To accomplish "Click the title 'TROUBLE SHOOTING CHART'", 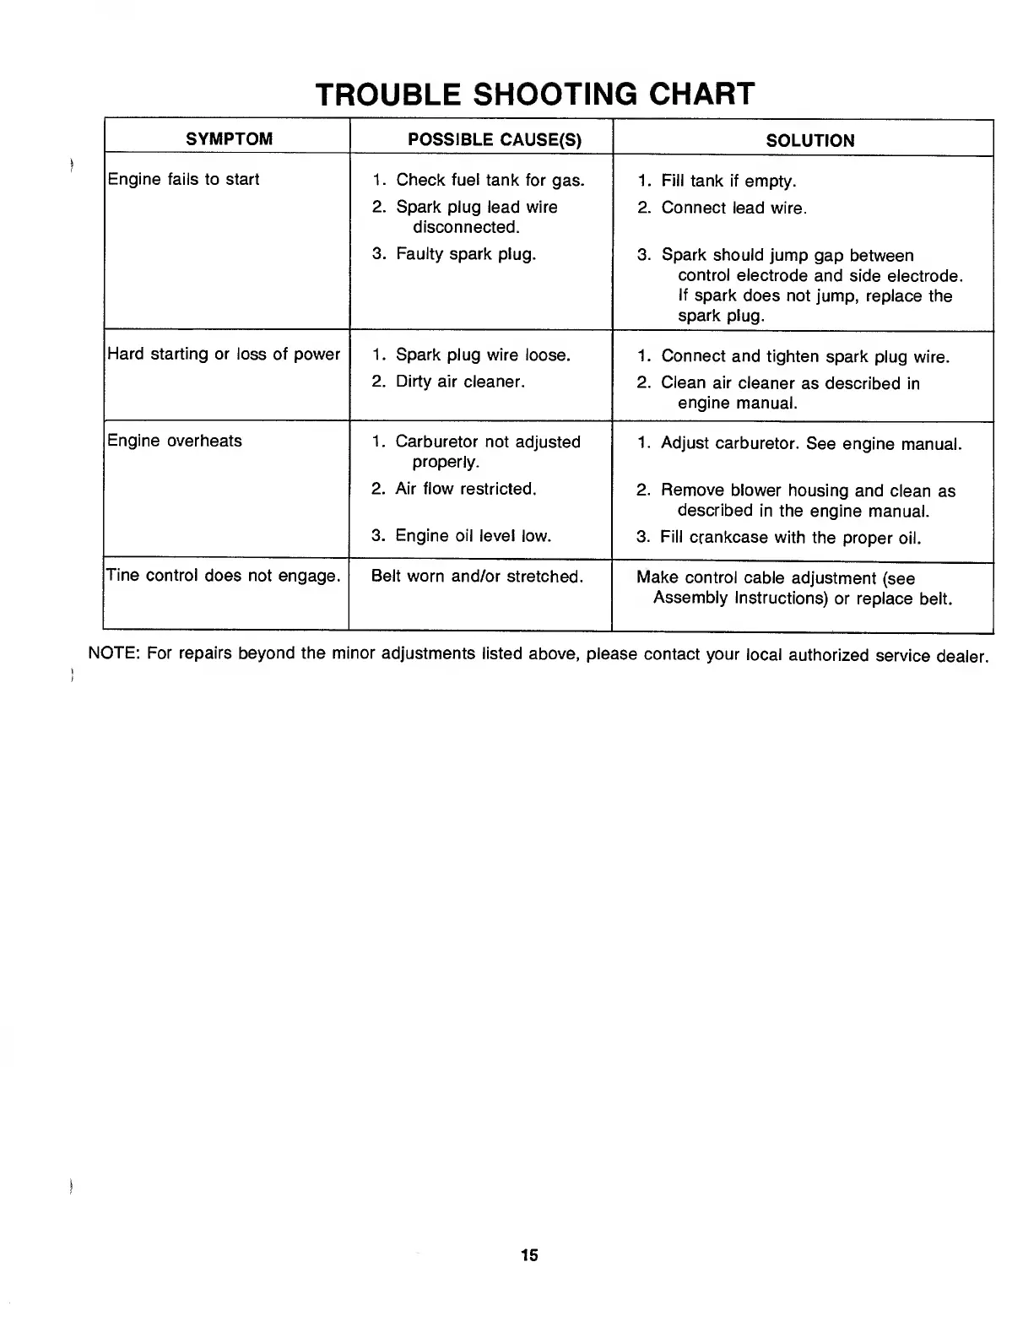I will (533, 93).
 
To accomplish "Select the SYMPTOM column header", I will (229, 139).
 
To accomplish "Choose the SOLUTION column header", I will (809, 141).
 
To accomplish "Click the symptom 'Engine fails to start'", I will (183, 179).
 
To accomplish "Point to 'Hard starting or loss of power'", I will (224, 354).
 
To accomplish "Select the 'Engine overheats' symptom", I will (175, 441).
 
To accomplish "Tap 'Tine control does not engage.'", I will (224, 576).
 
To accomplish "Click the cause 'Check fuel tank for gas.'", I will (490, 180).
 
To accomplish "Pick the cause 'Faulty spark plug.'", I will (465, 253).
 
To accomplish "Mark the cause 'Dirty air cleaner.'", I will (460, 382).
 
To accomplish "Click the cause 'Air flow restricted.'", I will (465, 489).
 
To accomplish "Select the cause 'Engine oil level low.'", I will (473, 535).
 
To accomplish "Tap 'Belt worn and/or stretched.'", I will (477, 577).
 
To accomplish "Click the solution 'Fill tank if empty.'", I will (728, 181).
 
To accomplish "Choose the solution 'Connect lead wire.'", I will (733, 208).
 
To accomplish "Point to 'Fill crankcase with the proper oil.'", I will (790, 537).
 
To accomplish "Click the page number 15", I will (529, 1254).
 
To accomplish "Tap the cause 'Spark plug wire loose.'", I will (483, 355).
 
